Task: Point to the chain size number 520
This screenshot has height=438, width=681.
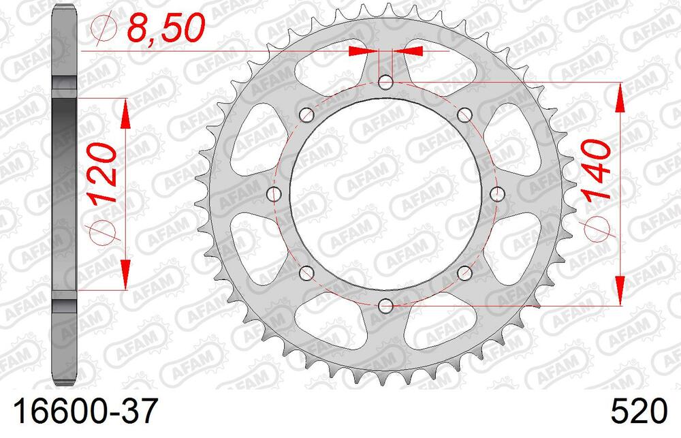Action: pyautogui.click(x=639, y=413)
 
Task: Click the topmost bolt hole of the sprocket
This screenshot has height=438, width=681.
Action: pyautogui.click(x=386, y=83)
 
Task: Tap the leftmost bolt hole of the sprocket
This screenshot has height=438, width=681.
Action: pyautogui.click(x=275, y=194)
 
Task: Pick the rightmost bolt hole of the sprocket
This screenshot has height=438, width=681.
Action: pyautogui.click(x=497, y=194)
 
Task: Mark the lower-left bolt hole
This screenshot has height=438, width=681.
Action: pyautogui.click(x=307, y=273)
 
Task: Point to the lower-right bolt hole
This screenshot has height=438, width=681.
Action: pyautogui.click(x=465, y=273)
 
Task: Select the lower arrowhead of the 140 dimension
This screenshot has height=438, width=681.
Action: pyautogui.click(x=620, y=290)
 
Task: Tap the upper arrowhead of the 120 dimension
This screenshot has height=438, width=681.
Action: pyautogui.click(x=125, y=113)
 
